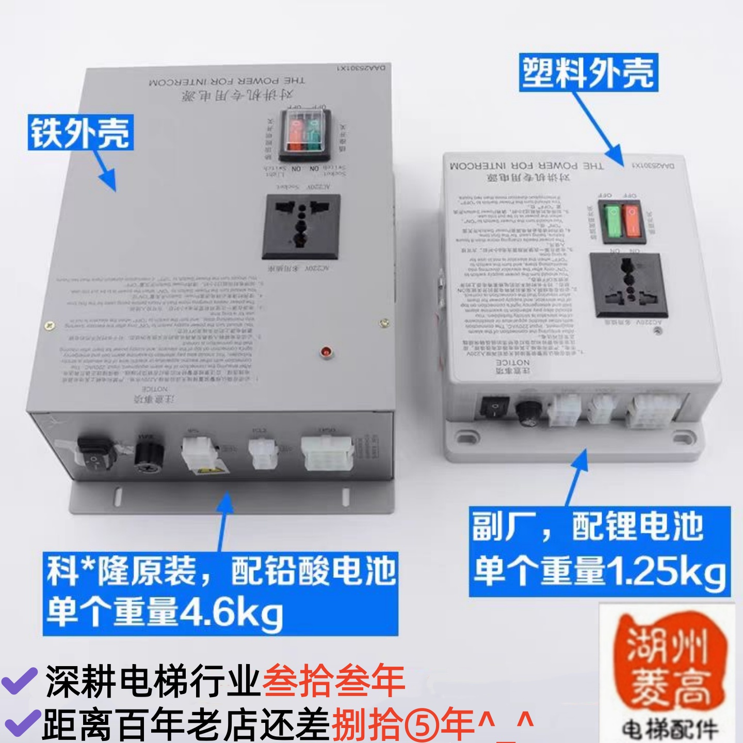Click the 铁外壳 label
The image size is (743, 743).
[x=80, y=133]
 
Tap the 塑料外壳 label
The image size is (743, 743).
[x=588, y=73]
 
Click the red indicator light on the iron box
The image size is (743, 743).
[x=326, y=352]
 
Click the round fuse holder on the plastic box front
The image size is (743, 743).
[x=526, y=413]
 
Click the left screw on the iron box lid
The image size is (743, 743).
[x=50, y=325]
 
